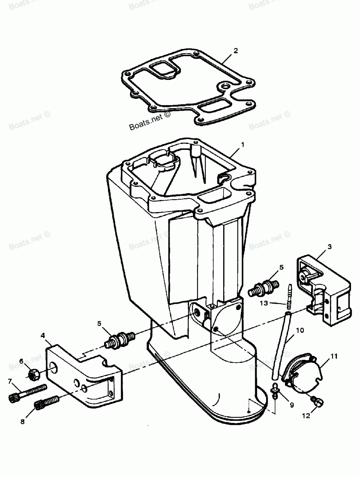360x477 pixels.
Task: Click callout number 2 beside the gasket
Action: (235, 50)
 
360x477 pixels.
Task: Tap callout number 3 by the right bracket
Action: (330, 247)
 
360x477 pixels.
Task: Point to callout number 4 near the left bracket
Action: (43, 335)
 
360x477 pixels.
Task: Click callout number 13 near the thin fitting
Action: (264, 303)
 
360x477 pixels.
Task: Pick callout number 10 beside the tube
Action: (300, 330)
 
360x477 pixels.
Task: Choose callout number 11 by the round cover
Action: (334, 357)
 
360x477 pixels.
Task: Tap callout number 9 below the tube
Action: (291, 405)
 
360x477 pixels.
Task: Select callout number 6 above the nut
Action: (21, 361)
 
